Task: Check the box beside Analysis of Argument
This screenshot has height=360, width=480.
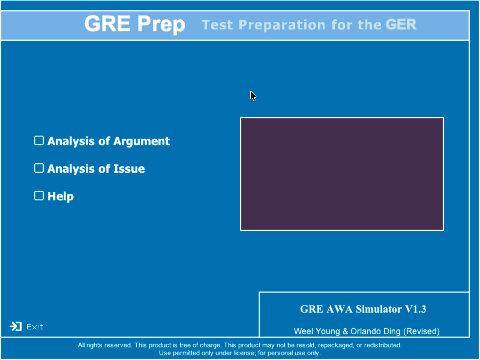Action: point(39,140)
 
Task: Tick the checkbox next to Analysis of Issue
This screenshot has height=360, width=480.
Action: point(39,168)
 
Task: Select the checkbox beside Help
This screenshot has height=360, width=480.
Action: point(39,196)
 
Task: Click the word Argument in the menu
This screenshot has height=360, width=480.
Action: point(142,142)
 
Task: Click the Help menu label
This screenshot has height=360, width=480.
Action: point(61,196)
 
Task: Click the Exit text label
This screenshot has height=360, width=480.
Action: point(35,327)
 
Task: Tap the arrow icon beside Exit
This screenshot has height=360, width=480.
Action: point(16,327)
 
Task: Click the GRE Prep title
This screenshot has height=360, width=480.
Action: point(135,24)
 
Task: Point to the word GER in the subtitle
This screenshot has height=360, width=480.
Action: point(401,25)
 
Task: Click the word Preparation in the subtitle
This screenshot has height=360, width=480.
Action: point(282,25)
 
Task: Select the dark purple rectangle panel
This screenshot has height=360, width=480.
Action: point(342,174)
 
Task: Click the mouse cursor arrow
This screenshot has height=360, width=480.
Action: point(253,96)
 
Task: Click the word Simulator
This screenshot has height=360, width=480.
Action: point(379,309)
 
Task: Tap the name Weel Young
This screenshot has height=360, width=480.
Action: point(317,331)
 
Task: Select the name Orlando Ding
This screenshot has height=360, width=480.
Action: point(376,331)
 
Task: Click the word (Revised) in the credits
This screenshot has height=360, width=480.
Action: point(421,331)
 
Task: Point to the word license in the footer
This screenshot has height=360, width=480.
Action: point(245,353)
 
